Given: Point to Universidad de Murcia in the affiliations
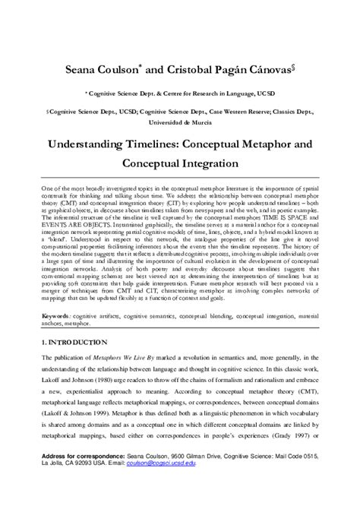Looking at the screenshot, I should [180, 122].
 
